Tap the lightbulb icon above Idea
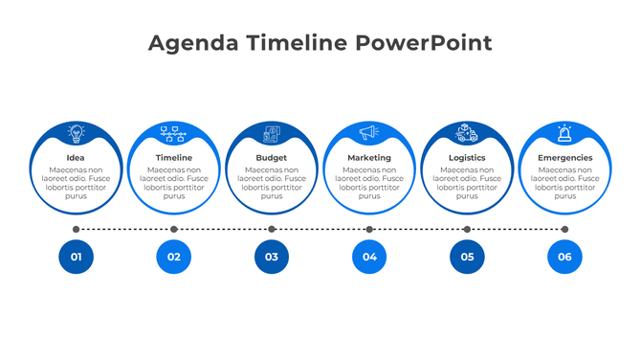click(76, 133)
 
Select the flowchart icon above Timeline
click(174, 133)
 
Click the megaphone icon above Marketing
click(369, 133)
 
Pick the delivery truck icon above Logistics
click(467, 133)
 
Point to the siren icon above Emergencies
click(564, 133)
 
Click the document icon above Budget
click(272, 134)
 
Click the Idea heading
click(76, 158)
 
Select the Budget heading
click(272, 158)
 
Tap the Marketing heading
click(369, 158)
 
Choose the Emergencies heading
click(564, 158)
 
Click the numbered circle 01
click(76, 257)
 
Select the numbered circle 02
click(174, 257)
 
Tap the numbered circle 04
click(369, 257)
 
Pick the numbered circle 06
click(564, 257)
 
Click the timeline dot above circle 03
click(272, 230)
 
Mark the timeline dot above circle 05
click(467, 230)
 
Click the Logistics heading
click(467, 158)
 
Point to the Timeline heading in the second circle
click(174, 158)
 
